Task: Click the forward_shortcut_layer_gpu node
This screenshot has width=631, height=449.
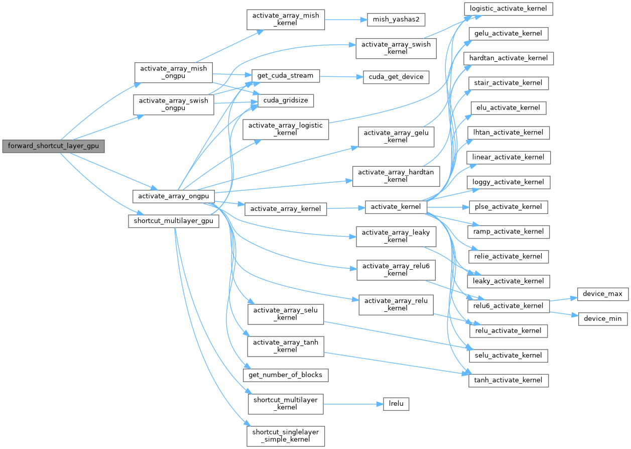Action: tap(53, 147)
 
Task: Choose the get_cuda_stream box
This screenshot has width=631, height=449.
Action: tap(285, 76)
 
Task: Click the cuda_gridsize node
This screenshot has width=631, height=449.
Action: tap(285, 100)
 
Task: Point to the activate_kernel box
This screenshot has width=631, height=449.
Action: tap(396, 207)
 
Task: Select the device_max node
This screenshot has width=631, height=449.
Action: tap(603, 294)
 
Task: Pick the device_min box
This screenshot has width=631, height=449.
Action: tap(603, 318)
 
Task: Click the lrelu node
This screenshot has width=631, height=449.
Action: tap(396, 404)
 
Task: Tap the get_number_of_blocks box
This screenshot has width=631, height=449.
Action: tap(286, 375)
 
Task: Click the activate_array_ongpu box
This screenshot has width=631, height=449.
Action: tap(173, 196)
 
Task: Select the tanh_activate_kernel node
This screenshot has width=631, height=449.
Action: tap(508, 380)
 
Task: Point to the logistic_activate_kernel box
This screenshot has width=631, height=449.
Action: tap(508, 9)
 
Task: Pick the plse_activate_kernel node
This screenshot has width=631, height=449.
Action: tap(508, 207)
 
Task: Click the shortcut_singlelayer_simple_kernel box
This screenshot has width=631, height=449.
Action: tap(286, 436)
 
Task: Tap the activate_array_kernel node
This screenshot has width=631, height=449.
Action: tap(286, 208)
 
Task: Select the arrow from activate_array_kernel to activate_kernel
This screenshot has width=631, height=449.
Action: tap(346, 207)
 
